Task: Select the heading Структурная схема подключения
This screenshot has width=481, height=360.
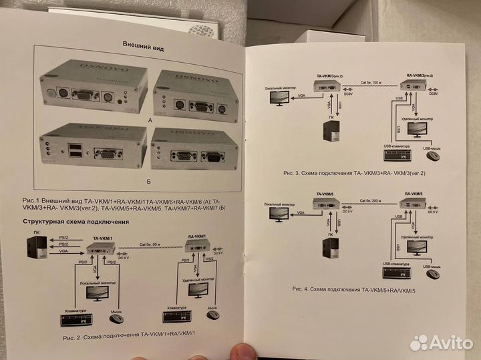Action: (75, 221)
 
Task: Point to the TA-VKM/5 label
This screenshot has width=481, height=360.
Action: (327, 195)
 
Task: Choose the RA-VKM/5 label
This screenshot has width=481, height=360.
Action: (415, 193)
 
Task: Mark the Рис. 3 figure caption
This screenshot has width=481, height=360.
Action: (355, 173)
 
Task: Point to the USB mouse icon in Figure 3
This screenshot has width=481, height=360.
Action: (433, 156)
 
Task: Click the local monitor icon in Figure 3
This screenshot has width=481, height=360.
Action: (280, 98)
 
